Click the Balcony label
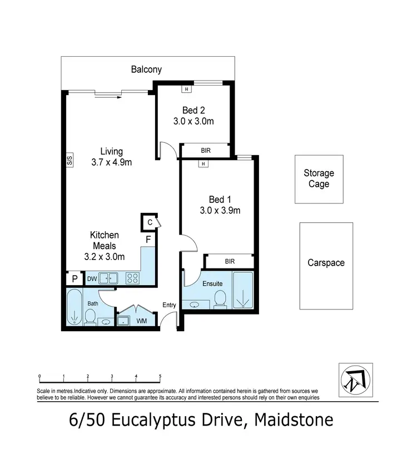146,69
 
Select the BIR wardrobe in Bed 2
205,150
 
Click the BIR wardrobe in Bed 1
229,261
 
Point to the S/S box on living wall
70,161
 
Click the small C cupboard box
149,222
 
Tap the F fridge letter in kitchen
148,240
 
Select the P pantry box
74,279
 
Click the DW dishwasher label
92,278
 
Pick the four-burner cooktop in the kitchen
132,278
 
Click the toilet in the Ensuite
220,298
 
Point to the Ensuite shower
242,290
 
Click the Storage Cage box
319,179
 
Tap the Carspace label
326,262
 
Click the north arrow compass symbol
355,380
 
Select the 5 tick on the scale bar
160,377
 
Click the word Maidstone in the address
294,420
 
